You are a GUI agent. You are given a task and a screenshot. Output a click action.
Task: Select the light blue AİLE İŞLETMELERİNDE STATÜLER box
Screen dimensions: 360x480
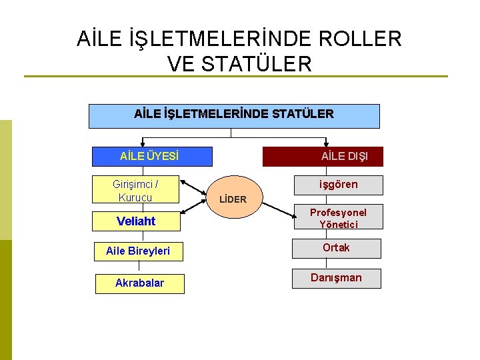tap(234, 115)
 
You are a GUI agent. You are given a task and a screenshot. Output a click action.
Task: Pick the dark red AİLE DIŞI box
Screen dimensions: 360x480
tap(323, 157)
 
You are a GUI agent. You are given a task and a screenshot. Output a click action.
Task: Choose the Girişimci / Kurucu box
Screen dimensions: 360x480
tap(137, 190)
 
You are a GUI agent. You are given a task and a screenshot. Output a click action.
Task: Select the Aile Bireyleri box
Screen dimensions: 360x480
tap(139, 251)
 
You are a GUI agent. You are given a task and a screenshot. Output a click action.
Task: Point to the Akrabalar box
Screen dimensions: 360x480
tap(139, 283)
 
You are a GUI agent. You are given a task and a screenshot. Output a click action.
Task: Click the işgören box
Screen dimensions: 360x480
tap(339, 185)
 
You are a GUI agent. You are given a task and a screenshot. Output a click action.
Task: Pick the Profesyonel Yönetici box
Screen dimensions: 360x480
tap(338, 217)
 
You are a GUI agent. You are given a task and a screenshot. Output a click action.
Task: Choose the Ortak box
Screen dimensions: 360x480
tap(336, 248)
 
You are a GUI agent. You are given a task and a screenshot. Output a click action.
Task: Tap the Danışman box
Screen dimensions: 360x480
tap(336, 278)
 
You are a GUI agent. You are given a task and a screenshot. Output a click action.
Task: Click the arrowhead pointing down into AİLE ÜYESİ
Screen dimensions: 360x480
tap(142, 143)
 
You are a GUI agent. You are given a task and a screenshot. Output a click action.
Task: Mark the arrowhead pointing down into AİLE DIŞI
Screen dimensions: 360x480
tap(326, 143)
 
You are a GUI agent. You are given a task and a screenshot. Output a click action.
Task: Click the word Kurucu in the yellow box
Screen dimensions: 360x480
tap(135, 197)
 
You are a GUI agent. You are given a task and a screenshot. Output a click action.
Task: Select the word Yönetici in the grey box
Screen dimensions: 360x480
tap(338, 224)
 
